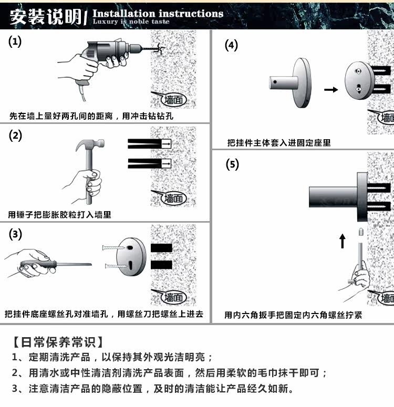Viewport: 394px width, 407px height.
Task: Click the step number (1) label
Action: [15, 43]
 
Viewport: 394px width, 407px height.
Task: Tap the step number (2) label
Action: [15, 135]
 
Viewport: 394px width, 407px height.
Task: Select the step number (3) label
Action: [15, 234]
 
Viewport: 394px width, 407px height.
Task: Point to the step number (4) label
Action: [231, 45]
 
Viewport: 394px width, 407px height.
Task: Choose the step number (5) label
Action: [232, 164]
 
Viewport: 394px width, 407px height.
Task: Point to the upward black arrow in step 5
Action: [343, 242]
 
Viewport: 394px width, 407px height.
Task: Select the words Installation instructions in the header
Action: [158, 13]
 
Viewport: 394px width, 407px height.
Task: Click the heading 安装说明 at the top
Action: [45, 17]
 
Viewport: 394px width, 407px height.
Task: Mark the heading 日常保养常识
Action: [58, 342]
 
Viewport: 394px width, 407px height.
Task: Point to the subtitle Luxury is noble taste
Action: [131, 22]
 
